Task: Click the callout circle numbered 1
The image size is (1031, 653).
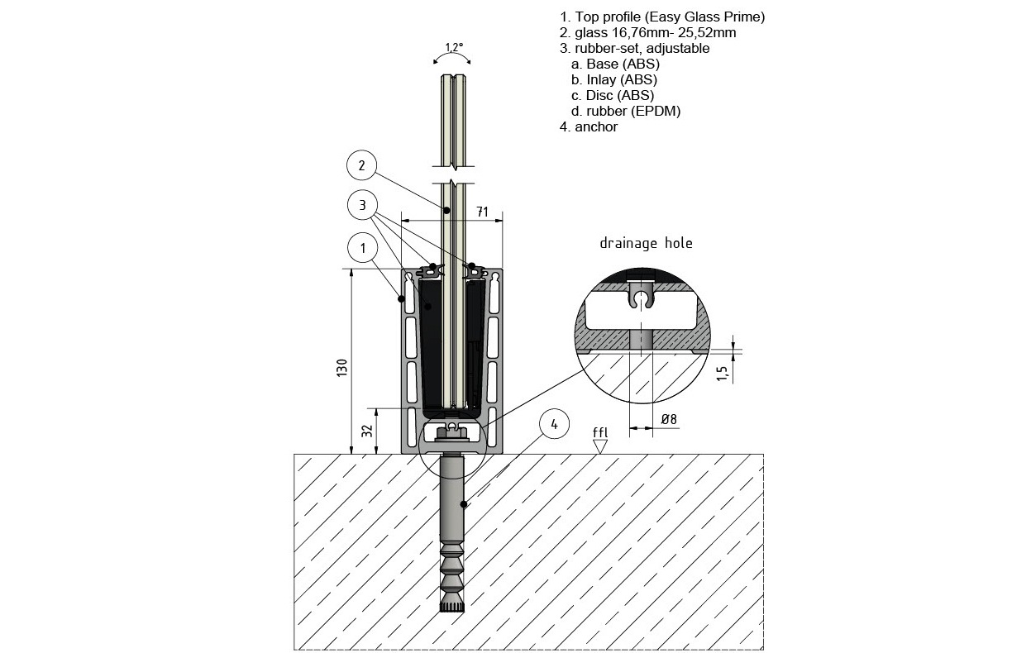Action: click(361, 246)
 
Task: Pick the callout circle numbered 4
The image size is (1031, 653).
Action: click(555, 424)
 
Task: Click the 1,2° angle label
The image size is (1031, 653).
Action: click(454, 48)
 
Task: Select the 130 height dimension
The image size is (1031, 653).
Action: click(342, 366)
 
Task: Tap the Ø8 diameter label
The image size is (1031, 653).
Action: click(669, 419)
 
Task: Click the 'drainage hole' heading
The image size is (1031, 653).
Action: click(646, 243)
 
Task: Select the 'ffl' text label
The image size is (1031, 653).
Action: click(600, 431)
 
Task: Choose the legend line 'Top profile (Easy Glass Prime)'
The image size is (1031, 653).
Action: click(661, 17)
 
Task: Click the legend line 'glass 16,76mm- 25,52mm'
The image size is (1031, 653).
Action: click(647, 33)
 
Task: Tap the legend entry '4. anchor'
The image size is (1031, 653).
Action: click(588, 126)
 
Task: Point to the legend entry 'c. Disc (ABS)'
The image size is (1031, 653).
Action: click(612, 95)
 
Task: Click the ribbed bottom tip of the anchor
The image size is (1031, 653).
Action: click(451, 608)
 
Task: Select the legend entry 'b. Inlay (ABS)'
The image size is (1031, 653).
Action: click(613, 79)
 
